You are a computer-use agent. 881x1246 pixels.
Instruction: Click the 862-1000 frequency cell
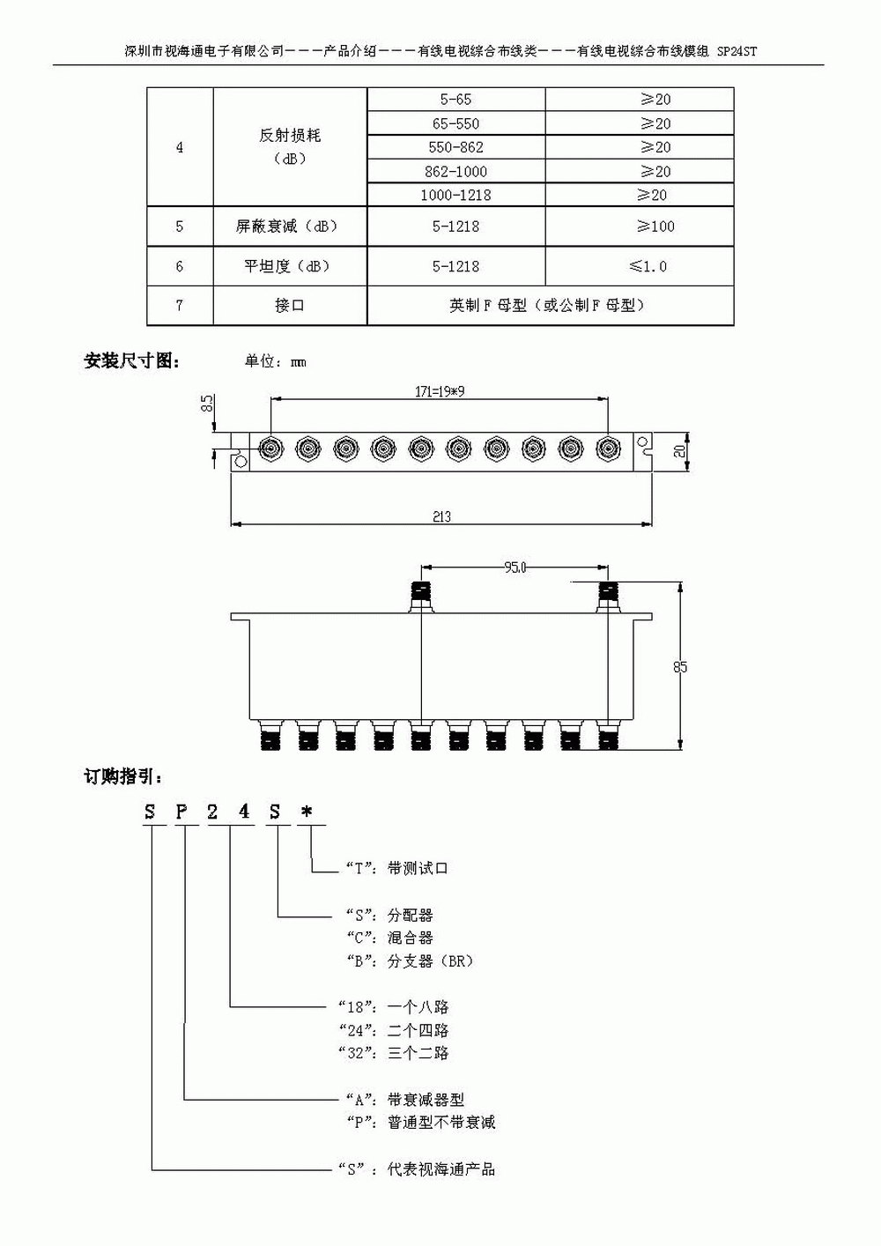(x=455, y=171)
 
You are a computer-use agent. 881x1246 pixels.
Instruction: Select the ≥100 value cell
(x=655, y=226)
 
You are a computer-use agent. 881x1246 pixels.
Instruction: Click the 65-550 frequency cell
(x=455, y=123)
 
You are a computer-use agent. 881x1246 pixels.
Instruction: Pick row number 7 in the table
(x=180, y=305)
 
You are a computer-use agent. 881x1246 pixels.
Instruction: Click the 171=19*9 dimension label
(x=440, y=392)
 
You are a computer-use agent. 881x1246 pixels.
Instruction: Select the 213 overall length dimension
(x=441, y=516)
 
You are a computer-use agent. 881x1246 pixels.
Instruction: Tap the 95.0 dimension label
(x=515, y=567)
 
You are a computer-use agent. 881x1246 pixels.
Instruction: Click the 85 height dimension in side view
(x=680, y=667)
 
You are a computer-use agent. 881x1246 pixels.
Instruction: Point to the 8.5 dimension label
(x=207, y=404)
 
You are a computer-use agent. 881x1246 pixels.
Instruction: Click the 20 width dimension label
(x=680, y=450)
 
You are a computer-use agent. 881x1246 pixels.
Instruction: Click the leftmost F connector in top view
(x=270, y=450)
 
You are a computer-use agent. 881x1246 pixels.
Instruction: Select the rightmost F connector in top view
(x=607, y=450)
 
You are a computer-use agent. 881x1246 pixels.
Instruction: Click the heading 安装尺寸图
(x=132, y=360)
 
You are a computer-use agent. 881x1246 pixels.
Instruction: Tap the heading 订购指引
(x=122, y=776)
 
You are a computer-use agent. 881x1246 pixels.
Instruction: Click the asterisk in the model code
(x=307, y=812)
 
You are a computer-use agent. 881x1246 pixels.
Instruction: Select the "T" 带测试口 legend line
(x=396, y=868)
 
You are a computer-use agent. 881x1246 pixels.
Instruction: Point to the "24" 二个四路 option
(x=394, y=1029)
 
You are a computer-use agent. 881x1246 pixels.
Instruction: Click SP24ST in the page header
(x=737, y=51)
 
